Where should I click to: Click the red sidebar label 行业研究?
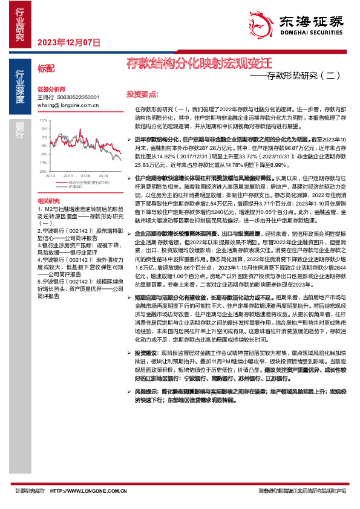click(20, 24)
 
